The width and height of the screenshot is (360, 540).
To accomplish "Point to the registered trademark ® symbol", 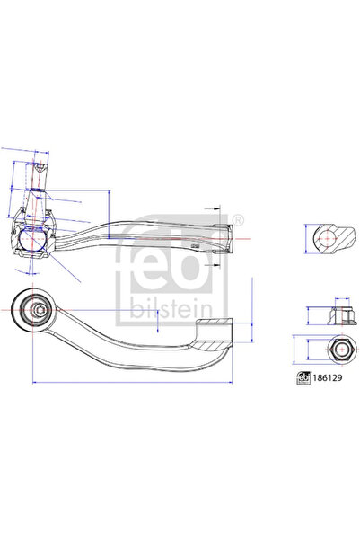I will coord(237,221).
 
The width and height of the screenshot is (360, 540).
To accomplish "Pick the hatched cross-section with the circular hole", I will coord(329,238).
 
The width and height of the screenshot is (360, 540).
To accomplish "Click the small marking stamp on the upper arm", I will coord(193,243).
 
